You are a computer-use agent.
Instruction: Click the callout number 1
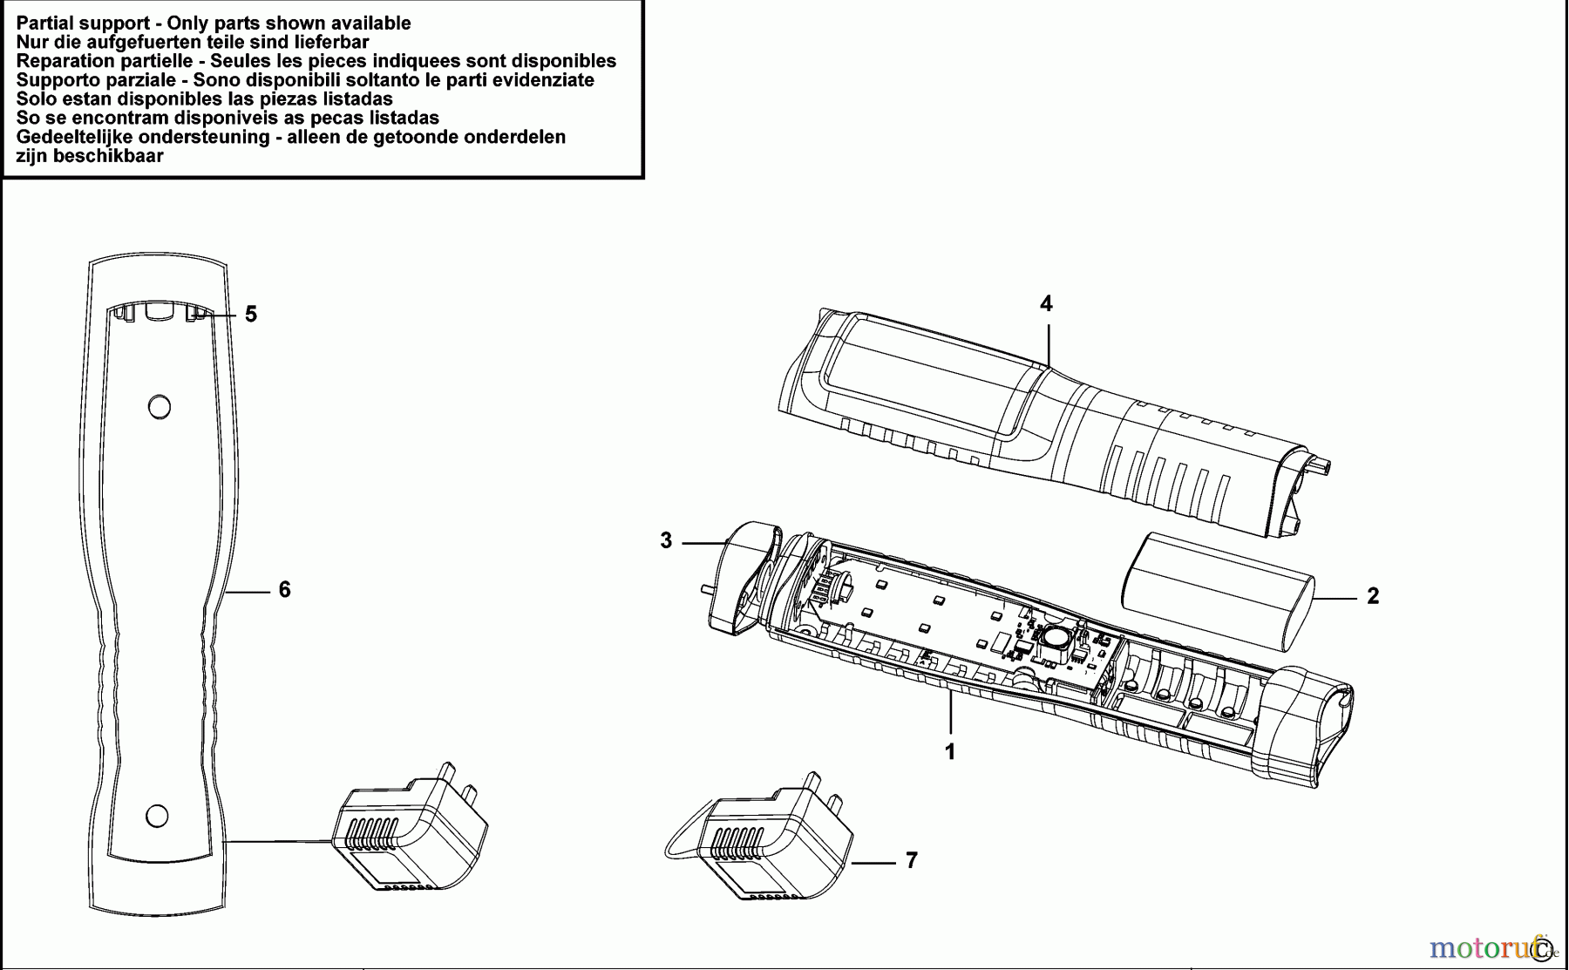tap(950, 751)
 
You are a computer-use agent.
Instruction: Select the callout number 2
tap(1373, 596)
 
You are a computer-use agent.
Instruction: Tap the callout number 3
tap(666, 541)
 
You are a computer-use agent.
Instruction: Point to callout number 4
tap(1046, 303)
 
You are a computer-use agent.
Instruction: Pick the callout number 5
tap(251, 314)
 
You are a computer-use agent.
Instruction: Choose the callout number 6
tap(284, 590)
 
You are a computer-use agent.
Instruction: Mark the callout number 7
tap(911, 860)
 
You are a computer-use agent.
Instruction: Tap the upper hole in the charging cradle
tap(159, 406)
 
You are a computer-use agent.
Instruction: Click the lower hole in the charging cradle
tap(157, 816)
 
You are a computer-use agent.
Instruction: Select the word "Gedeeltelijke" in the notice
tap(77, 137)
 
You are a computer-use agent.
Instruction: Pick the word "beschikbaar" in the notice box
tap(108, 156)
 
